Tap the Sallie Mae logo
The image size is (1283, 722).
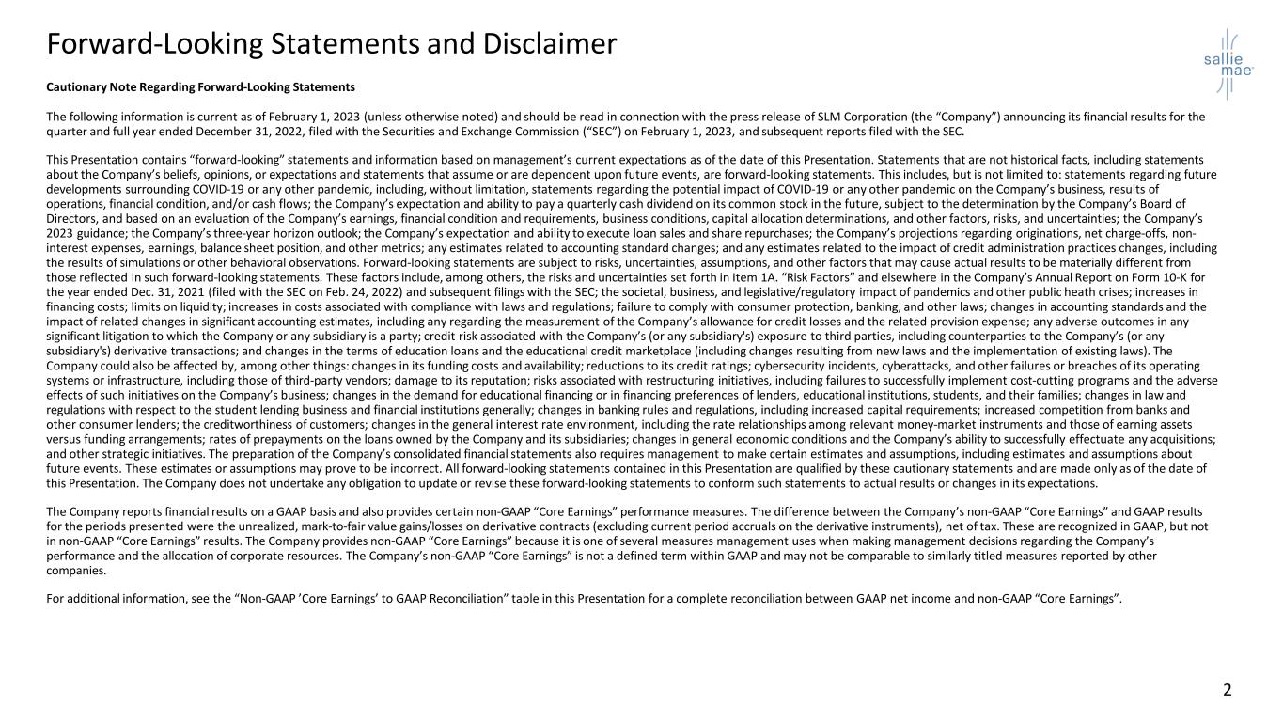pyautogui.click(x=1228, y=63)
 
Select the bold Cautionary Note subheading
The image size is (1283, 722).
pyautogui.click(x=200, y=87)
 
